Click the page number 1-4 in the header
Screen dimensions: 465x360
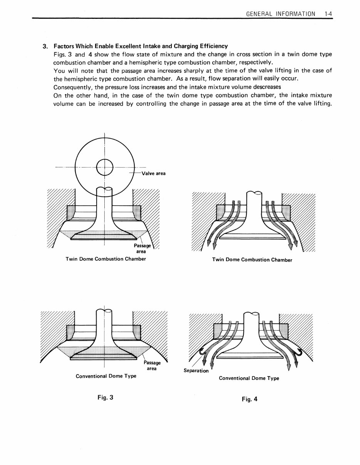click(x=328, y=13)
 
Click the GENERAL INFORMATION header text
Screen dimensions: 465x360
click(x=281, y=13)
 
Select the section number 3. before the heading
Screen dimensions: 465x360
click(x=45, y=46)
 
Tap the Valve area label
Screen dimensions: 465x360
click(x=153, y=173)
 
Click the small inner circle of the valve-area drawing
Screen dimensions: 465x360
click(x=104, y=167)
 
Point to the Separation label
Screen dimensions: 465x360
click(x=196, y=371)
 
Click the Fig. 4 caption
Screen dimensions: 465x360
click(x=249, y=399)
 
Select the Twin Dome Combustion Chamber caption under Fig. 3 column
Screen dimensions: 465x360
click(x=106, y=259)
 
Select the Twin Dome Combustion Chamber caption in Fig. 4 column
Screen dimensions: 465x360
click(x=252, y=260)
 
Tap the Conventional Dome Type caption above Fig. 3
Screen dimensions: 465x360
click(x=106, y=376)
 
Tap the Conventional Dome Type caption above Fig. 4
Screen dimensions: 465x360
click(x=249, y=378)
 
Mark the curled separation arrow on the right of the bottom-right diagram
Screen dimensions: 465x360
click(x=298, y=351)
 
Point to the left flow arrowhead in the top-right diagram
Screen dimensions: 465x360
click(x=209, y=242)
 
